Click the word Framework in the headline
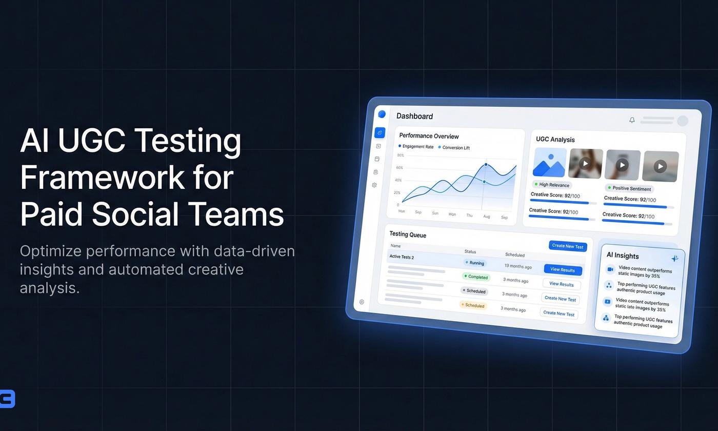[102, 177]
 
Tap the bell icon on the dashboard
[632, 120]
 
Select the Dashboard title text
[414, 116]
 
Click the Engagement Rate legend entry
[416, 147]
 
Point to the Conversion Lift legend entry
[454, 148]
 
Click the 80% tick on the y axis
[401, 155]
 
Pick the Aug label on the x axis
[486, 216]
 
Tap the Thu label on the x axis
[469, 215]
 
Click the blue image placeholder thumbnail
[549, 162]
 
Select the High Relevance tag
[552, 185]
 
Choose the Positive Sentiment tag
[629, 188]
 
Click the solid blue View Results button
[562, 270]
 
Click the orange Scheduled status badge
[472, 305]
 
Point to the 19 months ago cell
[517, 266]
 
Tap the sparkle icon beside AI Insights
[674, 258]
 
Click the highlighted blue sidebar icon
[380, 132]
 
